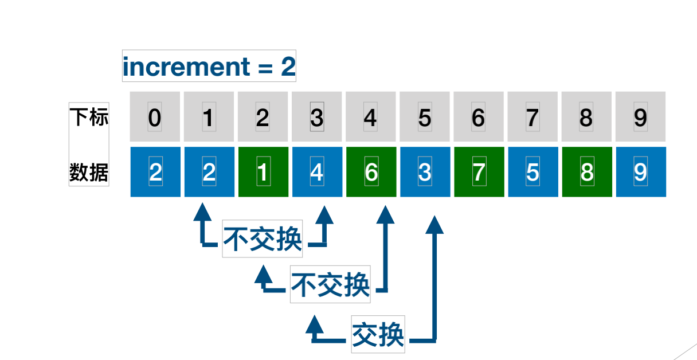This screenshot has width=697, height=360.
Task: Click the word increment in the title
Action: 186,67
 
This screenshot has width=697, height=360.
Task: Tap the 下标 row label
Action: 89,117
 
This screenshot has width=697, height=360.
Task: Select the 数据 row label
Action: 89,171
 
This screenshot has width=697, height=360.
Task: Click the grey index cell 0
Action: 155,117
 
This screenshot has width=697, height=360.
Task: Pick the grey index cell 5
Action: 425,117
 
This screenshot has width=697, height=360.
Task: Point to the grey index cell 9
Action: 641,117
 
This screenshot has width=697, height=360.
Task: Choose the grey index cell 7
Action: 532,117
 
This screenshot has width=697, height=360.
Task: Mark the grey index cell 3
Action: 317,117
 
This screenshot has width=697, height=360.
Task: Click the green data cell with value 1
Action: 263,172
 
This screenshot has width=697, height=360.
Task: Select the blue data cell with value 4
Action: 317,172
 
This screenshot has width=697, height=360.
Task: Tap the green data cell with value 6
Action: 371,172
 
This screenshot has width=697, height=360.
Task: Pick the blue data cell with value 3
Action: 425,172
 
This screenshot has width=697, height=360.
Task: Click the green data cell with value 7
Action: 479,172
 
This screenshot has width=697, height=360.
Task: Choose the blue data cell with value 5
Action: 532,172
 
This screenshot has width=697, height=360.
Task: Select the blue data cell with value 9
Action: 641,172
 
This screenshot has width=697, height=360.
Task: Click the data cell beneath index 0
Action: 155,172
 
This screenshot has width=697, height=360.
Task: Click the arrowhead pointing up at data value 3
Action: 435,224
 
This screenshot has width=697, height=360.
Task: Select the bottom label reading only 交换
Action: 378,334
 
